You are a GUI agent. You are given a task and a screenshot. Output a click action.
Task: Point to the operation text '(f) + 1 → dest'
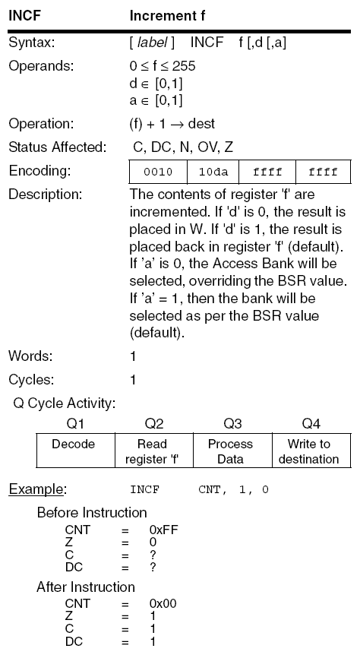pos(172,124)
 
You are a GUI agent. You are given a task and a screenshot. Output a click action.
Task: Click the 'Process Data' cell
pos(231,451)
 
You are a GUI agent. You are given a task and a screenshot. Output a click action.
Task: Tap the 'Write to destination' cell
pos(310,451)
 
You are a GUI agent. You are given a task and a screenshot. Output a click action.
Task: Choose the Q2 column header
pos(153,424)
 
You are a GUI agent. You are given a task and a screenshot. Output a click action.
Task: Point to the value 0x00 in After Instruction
pos(165,603)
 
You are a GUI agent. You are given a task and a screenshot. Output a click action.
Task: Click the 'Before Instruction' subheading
pos(92,512)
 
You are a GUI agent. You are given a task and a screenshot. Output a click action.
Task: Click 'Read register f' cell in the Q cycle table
pos(153,451)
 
